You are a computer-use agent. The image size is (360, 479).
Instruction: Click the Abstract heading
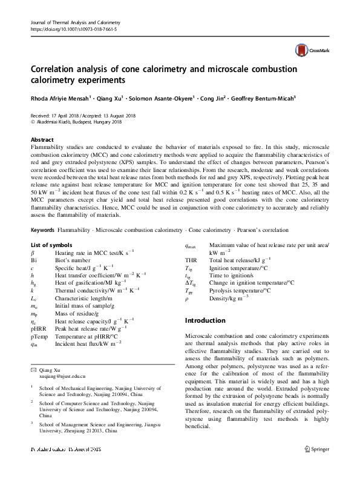click(x=42, y=139)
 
